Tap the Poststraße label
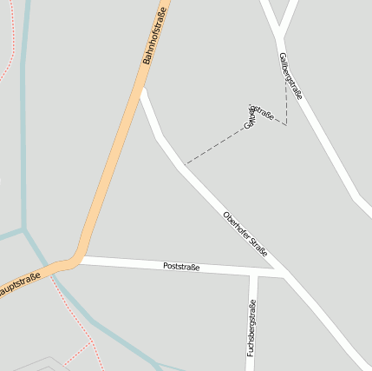click(x=181, y=267)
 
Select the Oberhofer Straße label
click(x=245, y=234)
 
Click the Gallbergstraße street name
click(x=290, y=76)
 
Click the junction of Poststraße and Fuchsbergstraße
click(x=253, y=273)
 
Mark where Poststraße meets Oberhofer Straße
click(x=284, y=274)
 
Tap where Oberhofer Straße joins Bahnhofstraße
click(x=143, y=89)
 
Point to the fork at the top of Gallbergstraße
click(x=280, y=36)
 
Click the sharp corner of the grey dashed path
click(x=285, y=124)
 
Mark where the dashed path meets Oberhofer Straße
click(x=185, y=164)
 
